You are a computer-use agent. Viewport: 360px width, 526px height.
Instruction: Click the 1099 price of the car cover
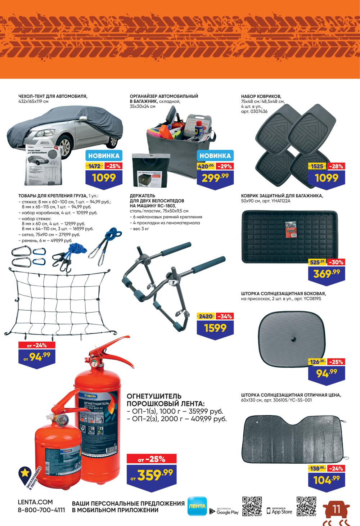(104, 177)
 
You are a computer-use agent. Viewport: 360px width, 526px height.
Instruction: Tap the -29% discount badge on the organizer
(225, 166)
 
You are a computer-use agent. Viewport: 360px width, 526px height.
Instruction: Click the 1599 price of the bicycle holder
(215, 328)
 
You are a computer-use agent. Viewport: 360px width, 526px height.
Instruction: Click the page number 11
(337, 509)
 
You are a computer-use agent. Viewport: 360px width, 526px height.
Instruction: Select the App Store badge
(279, 510)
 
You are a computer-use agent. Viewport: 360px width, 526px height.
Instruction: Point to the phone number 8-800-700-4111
(41, 510)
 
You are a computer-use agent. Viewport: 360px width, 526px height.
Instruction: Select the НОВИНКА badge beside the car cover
(104, 156)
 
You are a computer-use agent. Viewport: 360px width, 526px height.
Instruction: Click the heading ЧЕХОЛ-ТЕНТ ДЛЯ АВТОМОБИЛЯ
(53, 96)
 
